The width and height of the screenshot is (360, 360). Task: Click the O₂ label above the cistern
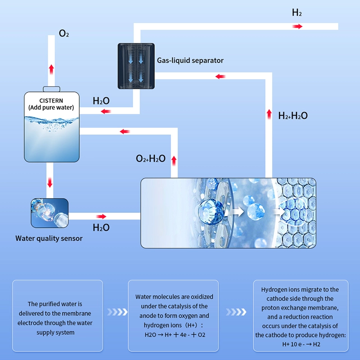64,34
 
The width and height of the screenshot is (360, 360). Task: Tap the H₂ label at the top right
297,13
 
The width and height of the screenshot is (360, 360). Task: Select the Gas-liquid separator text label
190,60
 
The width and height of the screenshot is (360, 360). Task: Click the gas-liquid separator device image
136,66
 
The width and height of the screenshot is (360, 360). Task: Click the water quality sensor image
49,213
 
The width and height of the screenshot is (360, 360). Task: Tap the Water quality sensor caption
49,238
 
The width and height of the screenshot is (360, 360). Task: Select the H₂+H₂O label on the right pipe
292,116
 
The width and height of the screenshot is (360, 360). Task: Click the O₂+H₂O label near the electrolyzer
150,158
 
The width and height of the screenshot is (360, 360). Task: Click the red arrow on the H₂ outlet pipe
297,27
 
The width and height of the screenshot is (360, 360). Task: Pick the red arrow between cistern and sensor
50,183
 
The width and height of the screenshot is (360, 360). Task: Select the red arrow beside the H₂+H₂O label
269,113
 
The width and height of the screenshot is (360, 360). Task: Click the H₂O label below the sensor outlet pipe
101,228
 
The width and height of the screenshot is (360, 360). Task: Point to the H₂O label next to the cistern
101,100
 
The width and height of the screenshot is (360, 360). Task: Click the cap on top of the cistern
51,89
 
